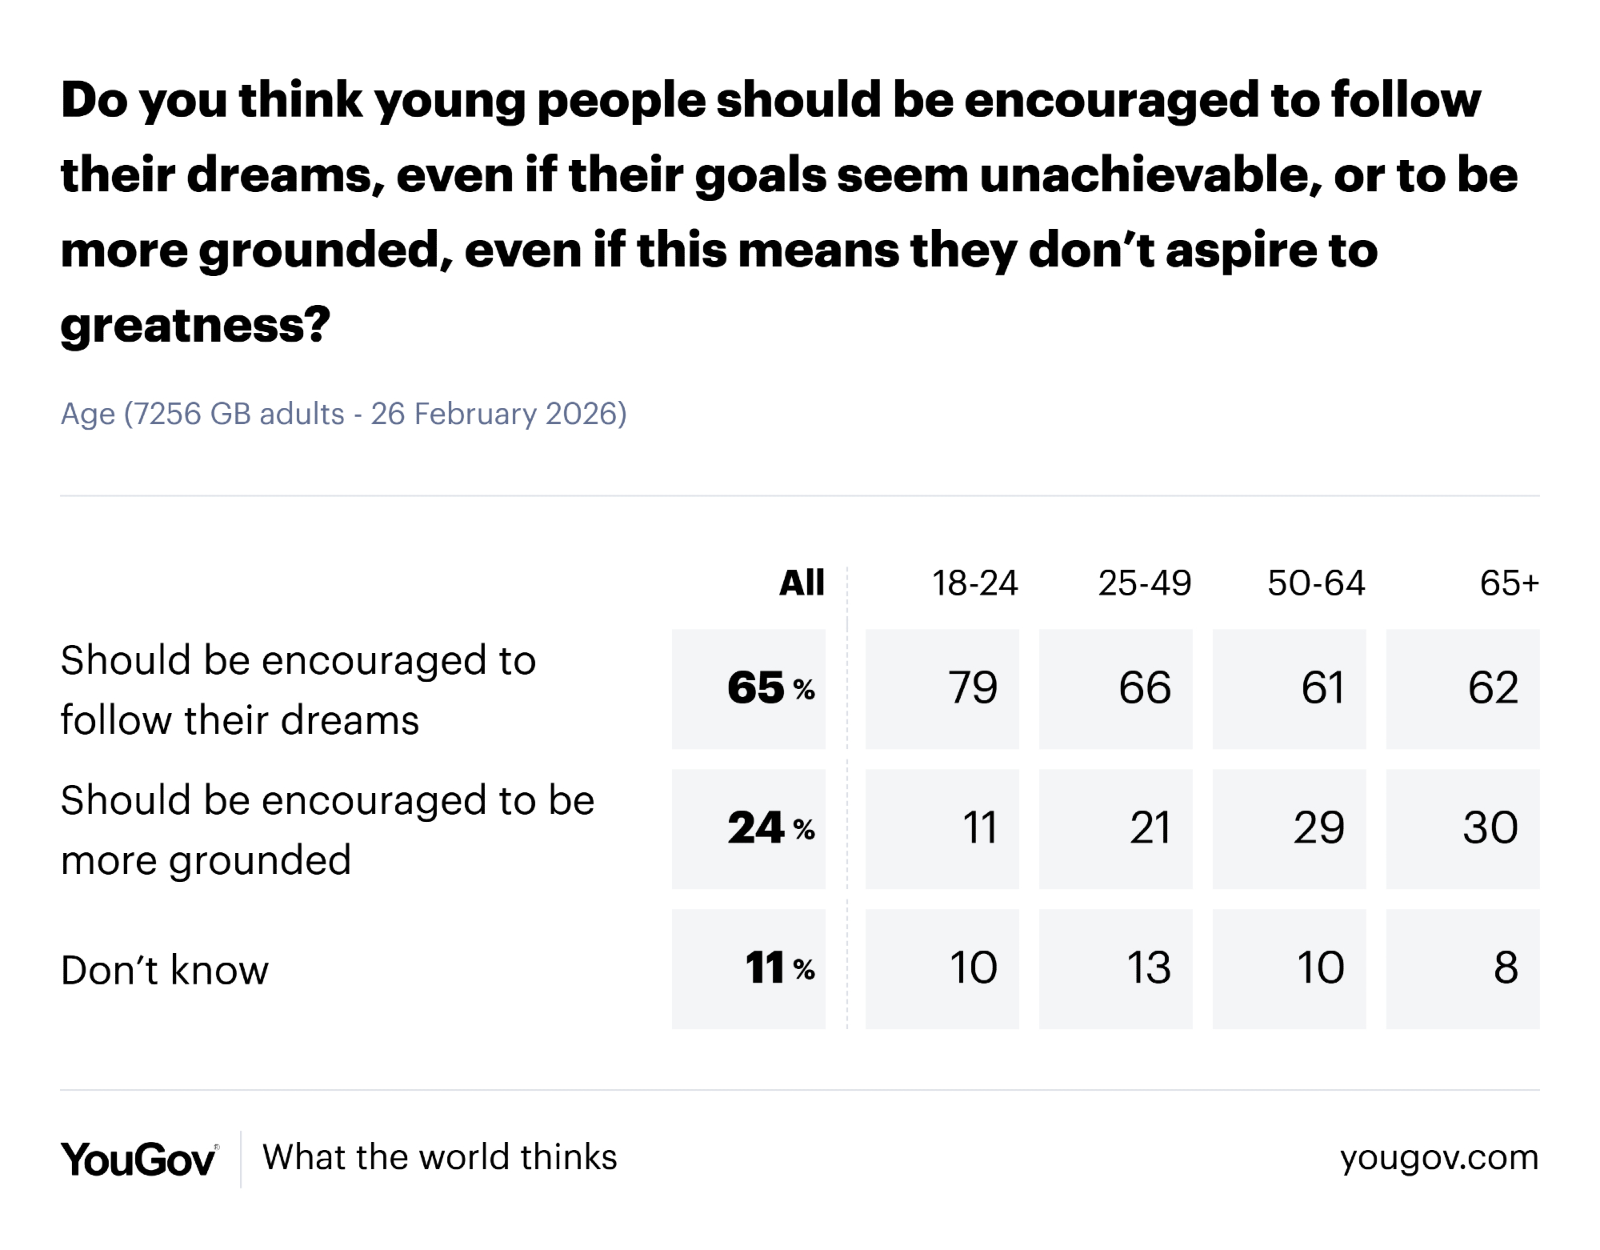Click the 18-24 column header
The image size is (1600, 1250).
974,583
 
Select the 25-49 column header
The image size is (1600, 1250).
1145,583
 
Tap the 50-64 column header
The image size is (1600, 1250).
1316,583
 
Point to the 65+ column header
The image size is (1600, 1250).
1509,583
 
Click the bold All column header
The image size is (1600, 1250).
802,583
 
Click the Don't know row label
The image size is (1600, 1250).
165,971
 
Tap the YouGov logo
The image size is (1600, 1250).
138,1159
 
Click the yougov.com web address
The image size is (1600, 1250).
1438,1158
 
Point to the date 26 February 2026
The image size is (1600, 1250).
498,414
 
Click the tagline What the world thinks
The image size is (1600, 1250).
440,1158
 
